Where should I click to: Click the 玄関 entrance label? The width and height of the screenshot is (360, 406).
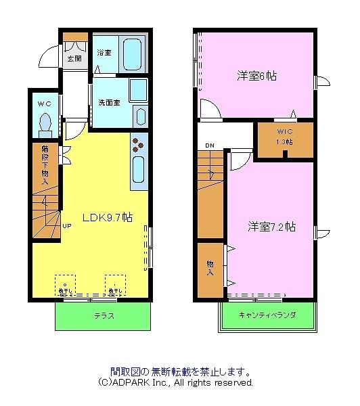coord(73,59)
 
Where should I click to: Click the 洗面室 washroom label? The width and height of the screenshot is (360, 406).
coord(108,103)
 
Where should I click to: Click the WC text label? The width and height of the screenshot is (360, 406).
coord(44,104)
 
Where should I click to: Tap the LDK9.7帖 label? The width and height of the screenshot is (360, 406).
coord(107,218)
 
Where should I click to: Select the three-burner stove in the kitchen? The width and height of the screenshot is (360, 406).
coord(139,145)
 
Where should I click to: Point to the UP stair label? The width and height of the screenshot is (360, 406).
coord(68,227)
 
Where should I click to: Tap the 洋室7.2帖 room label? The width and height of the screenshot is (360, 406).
coord(271,226)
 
